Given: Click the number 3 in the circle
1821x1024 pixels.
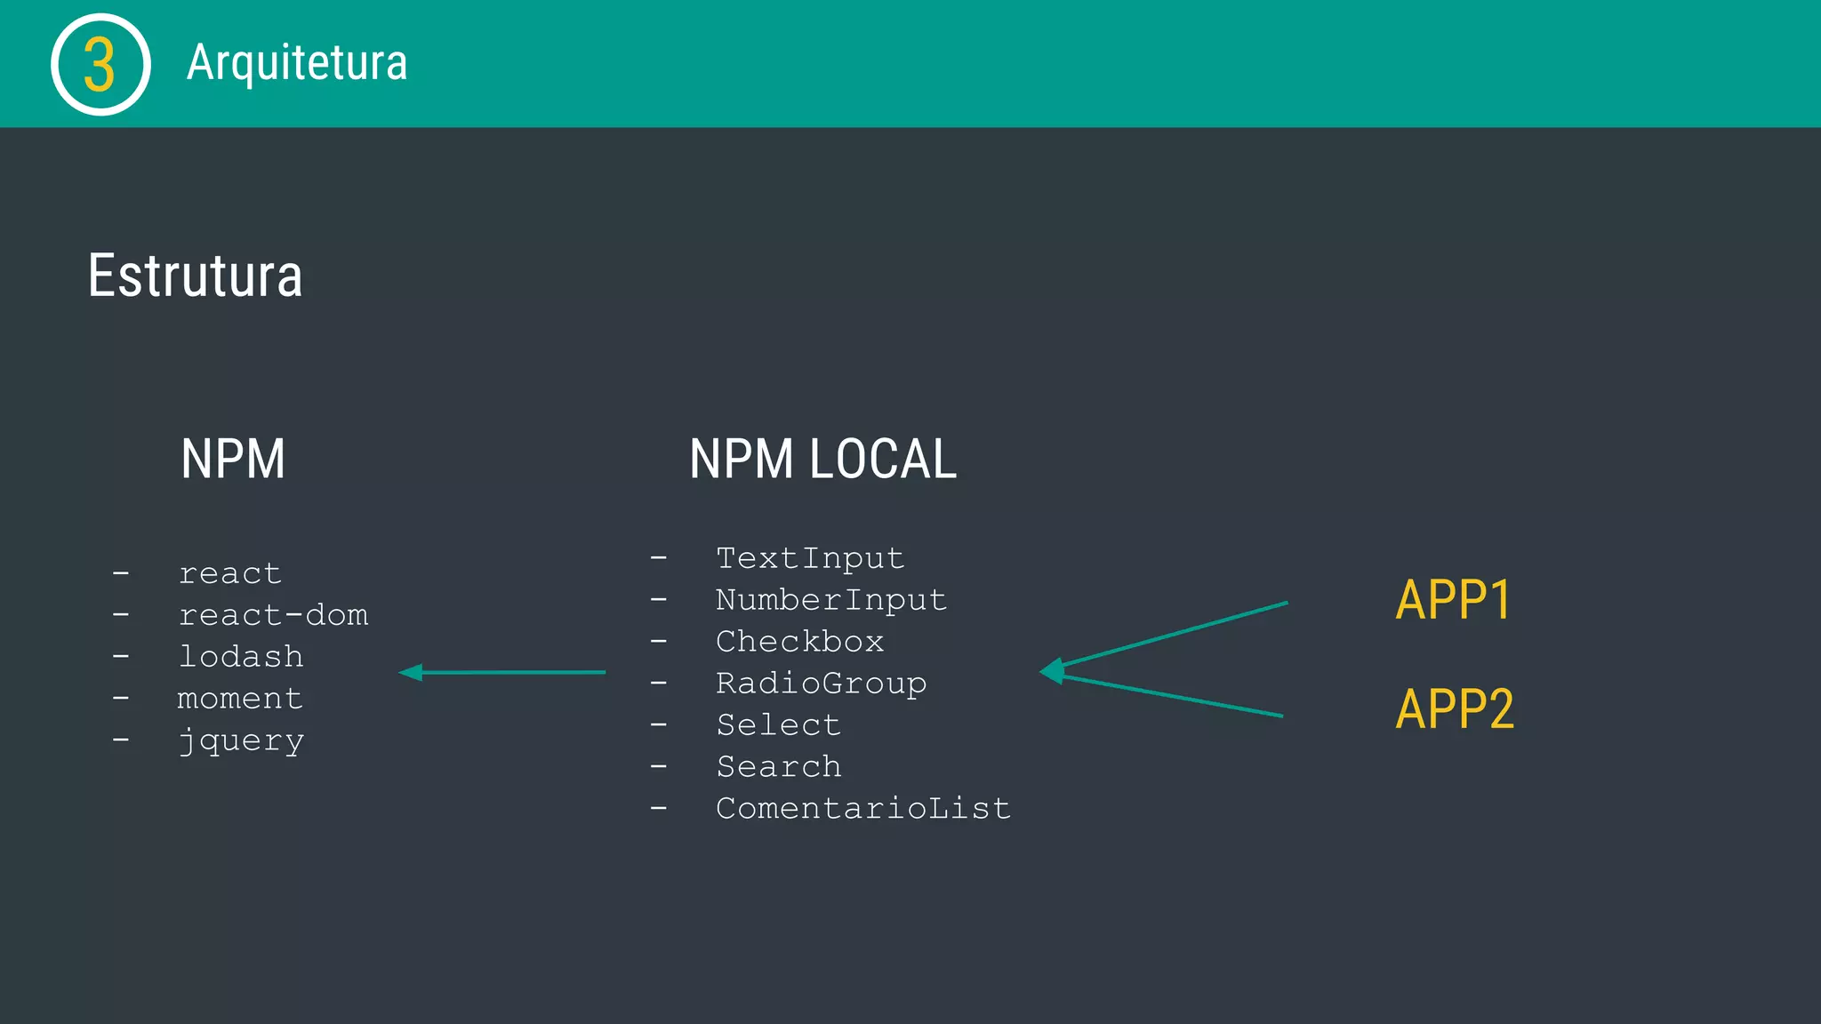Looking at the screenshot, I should tap(100, 65).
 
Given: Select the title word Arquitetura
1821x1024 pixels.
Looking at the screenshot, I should tap(297, 63).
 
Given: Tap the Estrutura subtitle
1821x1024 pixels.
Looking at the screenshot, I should tap(195, 276).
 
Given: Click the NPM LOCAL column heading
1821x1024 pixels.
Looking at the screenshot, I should tap(822, 460).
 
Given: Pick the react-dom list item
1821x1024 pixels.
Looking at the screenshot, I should tap(273, 615).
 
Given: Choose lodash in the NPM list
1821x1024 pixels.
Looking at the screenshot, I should tap(241, 657).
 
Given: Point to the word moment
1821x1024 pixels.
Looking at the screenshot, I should tap(240, 699).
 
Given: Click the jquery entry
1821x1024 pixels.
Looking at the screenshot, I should tap(241, 740).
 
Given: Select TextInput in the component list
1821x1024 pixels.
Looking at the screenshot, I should tap(810, 558).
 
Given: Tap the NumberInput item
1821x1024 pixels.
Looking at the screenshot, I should tap(831, 600).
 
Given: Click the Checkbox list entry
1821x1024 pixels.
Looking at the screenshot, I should tap(799, 642).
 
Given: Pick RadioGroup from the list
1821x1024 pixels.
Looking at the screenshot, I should tap(821, 684).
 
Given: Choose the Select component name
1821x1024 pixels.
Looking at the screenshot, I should tap(778, 725).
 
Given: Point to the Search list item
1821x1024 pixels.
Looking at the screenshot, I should tap(778, 767).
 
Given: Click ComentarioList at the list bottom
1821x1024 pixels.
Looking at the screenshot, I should tap(862, 809).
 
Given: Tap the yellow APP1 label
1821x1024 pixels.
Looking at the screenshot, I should tap(1453, 600).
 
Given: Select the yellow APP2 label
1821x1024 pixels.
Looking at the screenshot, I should tap(1455, 709).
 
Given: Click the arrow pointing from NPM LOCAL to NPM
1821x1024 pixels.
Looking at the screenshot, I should tap(502, 673).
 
